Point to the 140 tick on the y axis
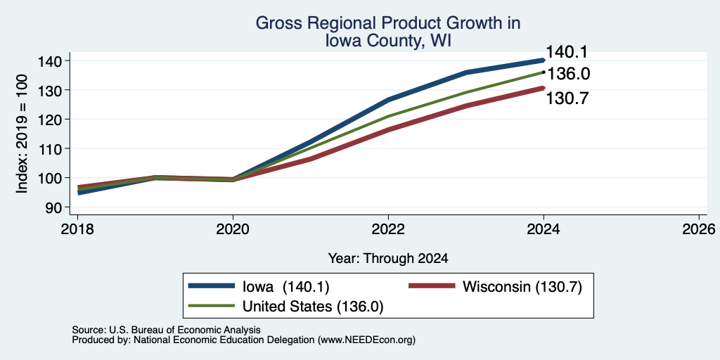(x=55, y=61)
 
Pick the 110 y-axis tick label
(x=55, y=149)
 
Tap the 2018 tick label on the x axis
(x=78, y=229)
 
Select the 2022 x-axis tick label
(x=388, y=229)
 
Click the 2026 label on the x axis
(x=699, y=229)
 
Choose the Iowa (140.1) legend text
(x=286, y=287)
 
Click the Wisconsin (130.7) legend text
(x=522, y=287)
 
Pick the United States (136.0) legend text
(x=313, y=307)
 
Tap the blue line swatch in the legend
(x=211, y=286)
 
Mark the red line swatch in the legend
(x=432, y=286)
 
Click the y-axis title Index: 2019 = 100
(x=22, y=134)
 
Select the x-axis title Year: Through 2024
(x=388, y=259)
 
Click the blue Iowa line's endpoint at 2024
(x=544, y=60)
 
